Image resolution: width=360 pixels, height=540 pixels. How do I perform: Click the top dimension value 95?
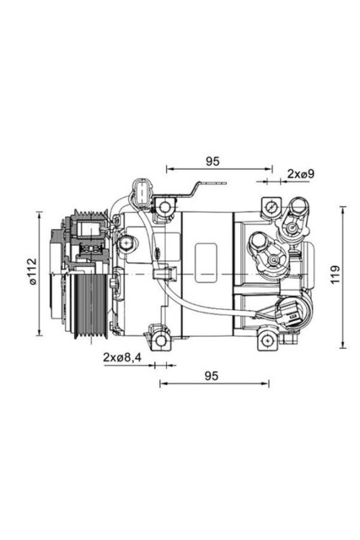[212, 161]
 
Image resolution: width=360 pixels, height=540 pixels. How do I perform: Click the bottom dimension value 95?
[212, 376]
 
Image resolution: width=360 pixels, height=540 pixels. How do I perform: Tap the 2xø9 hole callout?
[301, 174]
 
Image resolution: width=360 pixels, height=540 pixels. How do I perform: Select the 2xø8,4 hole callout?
[122, 357]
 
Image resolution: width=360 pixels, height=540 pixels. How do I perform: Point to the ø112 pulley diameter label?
[32, 271]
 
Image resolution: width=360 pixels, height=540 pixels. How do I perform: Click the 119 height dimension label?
[335, 275]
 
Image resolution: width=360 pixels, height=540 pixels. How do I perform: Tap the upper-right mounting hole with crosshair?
[271, 207]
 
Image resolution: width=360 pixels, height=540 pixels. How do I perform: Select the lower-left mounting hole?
[161, 341]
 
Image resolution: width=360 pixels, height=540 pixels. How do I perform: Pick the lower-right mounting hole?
[267, 341]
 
